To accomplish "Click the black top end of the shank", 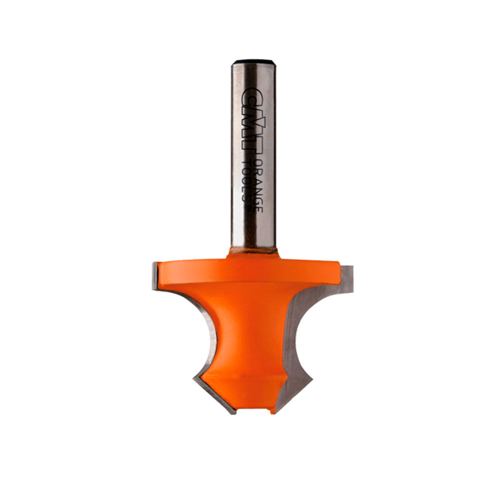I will [253, 62].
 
